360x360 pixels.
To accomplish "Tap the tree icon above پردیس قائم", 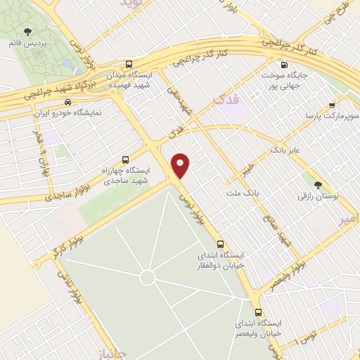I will coord(27,31).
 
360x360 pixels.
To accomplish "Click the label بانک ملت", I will coord(244,191).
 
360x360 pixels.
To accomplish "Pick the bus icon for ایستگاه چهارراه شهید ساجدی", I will coord(126,159).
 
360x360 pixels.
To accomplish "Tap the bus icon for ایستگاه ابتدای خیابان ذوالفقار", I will coord(221,241).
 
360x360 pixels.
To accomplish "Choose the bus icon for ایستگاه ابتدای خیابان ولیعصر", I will coord(258,312).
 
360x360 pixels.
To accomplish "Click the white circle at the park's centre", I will coord(147,278).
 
